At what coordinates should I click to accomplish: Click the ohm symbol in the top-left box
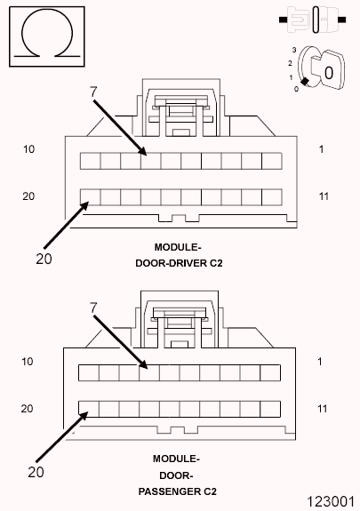tap(37, 36)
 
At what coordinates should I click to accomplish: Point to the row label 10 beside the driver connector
tap(28, 149)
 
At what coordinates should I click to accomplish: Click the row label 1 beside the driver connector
tap(322, 149)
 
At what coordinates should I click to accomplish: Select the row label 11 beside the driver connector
tap(324, 196)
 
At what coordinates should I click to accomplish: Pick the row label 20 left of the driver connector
tap(28, 196)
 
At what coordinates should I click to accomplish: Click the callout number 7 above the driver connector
tap(93, 92)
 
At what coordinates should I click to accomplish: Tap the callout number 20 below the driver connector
tap(44, 259)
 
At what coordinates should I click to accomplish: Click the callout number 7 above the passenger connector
tap(93, 307)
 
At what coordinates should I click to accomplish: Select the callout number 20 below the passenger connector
tap(36, 472)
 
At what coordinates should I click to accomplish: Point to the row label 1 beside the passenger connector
tap(322, 362)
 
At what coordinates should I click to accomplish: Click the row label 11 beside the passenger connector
tap(324, 408)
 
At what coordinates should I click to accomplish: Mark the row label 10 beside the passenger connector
tap(28, 362)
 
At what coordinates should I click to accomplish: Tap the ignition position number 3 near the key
tap(292, 51)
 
